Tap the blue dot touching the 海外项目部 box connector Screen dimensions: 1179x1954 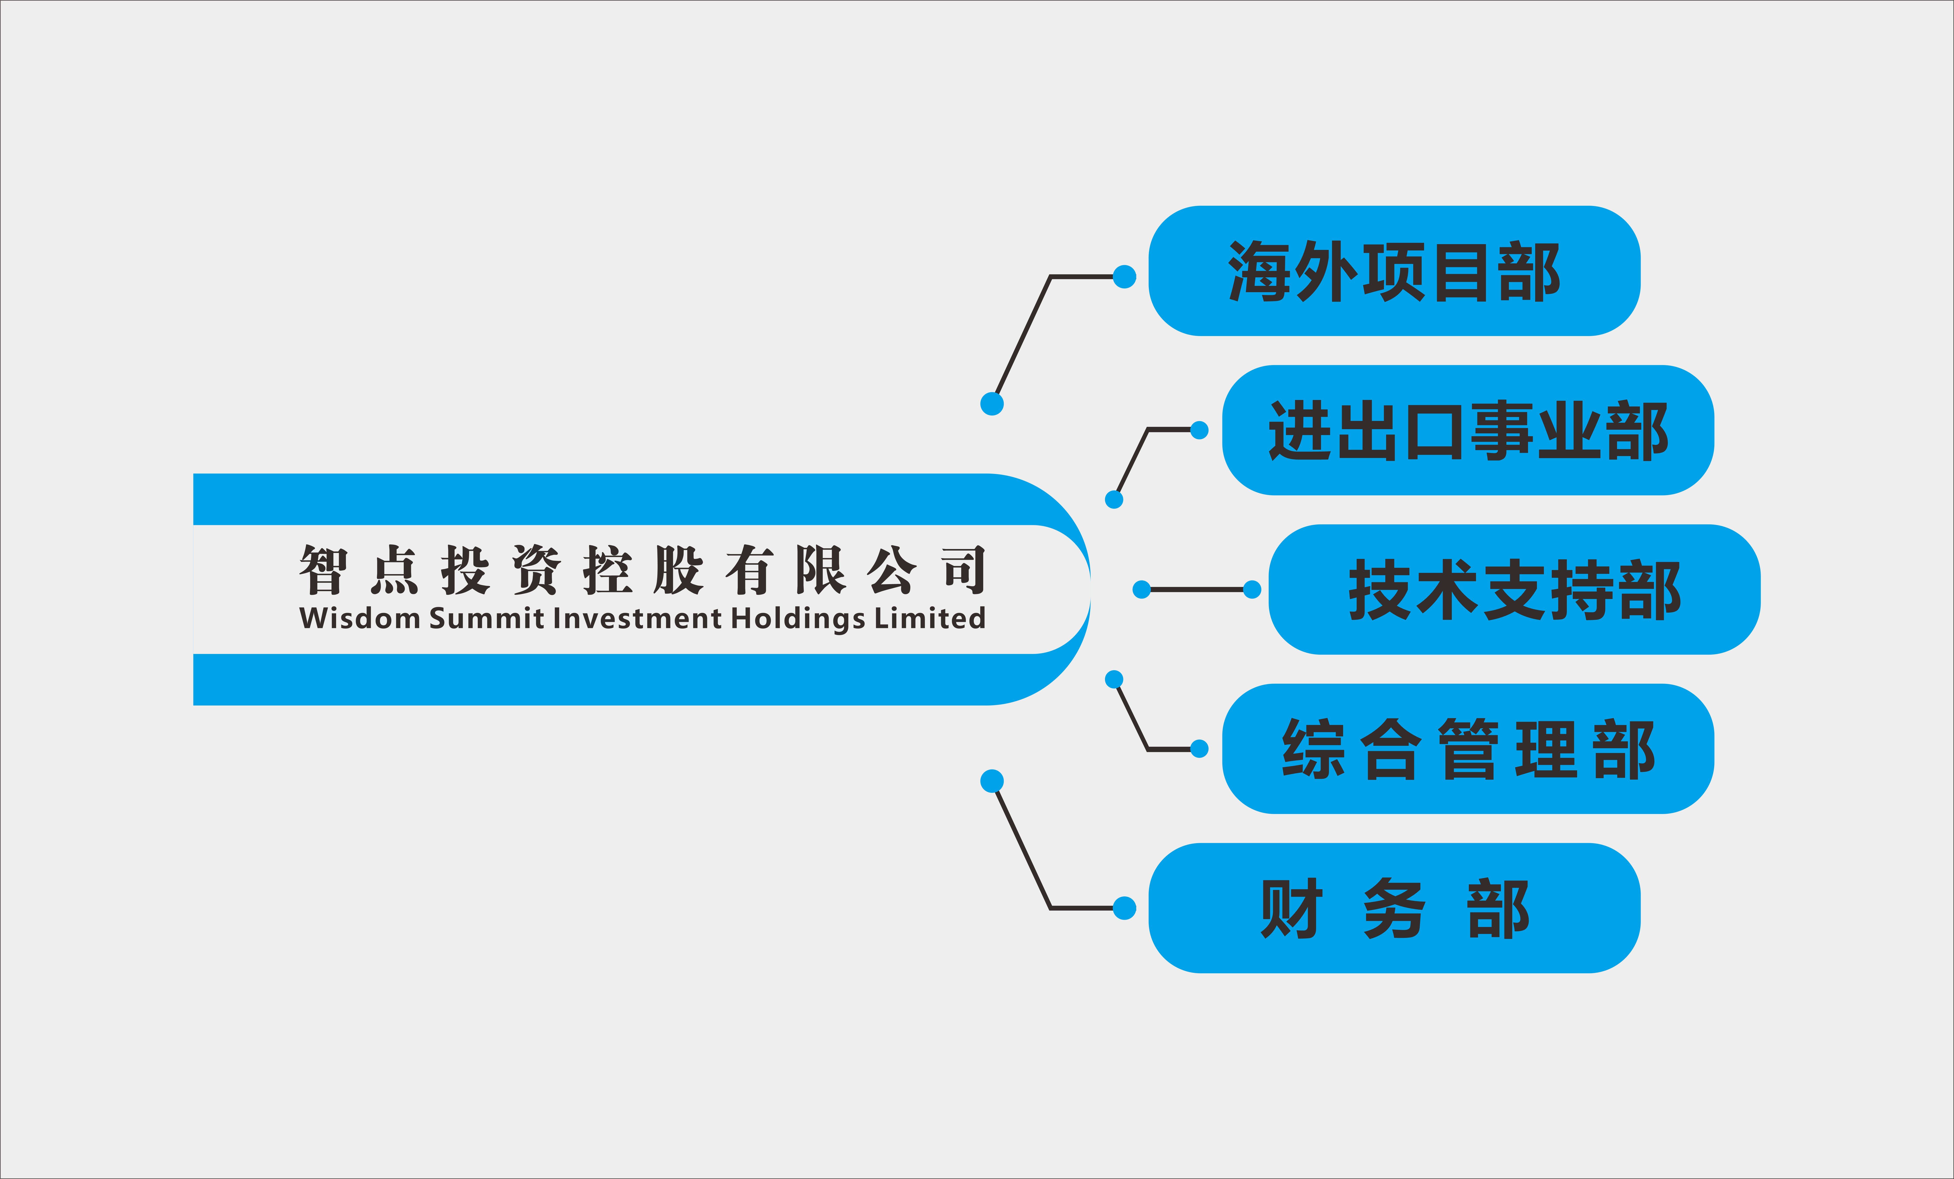click(x=1124, y=277)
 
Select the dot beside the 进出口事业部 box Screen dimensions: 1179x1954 click(x=1199, y=430)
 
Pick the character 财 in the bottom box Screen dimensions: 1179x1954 click(x=1290, y=909)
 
